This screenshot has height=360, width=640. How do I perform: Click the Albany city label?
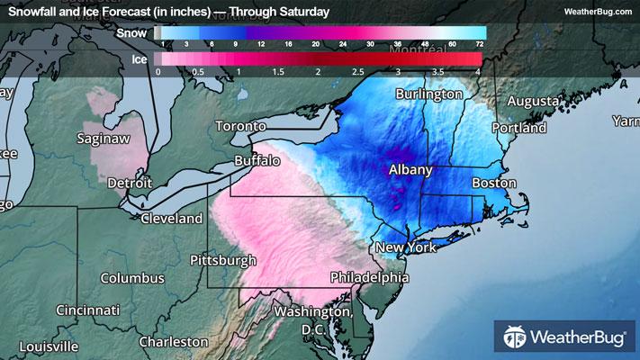pyautogui.click(x=411, y=169)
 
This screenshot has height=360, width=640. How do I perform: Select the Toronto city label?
pyautogui.click(x=240, y=127)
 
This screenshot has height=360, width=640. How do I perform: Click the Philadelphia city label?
pyautogui.click(x=370, y=275)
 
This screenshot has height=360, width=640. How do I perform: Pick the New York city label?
pyautogui.click(x=405, y=247)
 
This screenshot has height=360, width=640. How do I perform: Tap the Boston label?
pyautogui.click(x=494, y=183)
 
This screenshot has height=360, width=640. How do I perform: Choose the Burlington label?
pyautogui.click(x=428, y=94)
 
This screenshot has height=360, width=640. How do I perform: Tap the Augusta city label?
pyautogui.click(x=533, y=101)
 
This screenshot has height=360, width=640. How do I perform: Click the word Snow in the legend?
pyautogui.click(x=131, y=32)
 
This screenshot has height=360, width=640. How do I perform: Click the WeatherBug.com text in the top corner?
pyautogui.click(x=596, y=12)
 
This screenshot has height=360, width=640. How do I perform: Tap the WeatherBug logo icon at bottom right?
pyautogui.click(x=517, y=338)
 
